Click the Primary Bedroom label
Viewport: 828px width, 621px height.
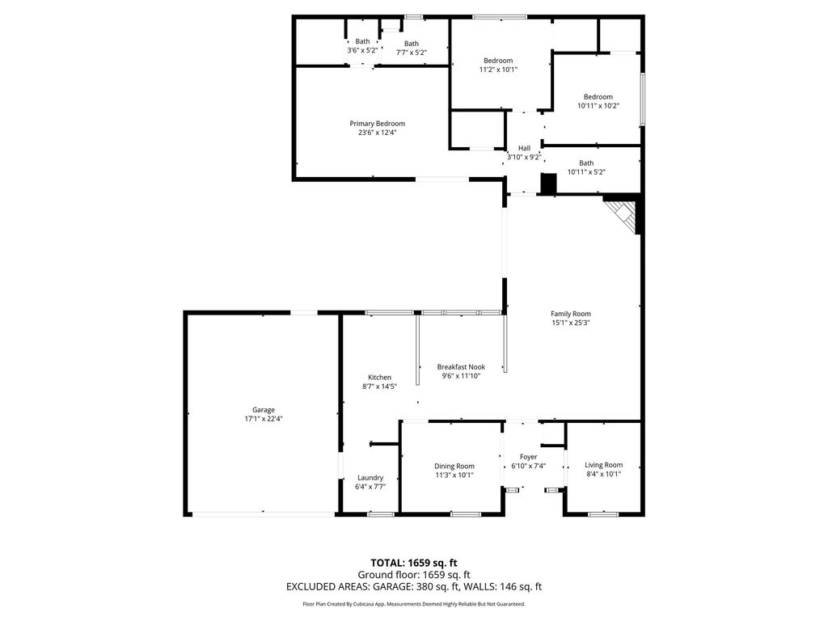[x=377, y=124]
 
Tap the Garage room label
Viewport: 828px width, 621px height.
[x=263, y=410]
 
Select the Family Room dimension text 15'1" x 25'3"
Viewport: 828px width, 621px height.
[x=570, y=323]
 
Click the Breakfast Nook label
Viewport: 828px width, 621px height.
[x=461, y=367]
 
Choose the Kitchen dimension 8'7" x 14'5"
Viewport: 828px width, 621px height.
[x=379, y=387]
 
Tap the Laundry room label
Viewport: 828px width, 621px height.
[x=370, y=478]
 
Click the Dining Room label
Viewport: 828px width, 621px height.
[x=454, y=467]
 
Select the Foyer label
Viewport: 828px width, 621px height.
[x=528, y=458]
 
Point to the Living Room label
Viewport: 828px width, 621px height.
[x=603, y=465]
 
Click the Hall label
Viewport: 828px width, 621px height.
[x=524, y=149]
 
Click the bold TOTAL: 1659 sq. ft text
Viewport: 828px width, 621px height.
[x=413, y=563]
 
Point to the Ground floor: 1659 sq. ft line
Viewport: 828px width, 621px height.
[x=413, y=575]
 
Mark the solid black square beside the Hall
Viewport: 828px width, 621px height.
[x=549, y=184]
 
